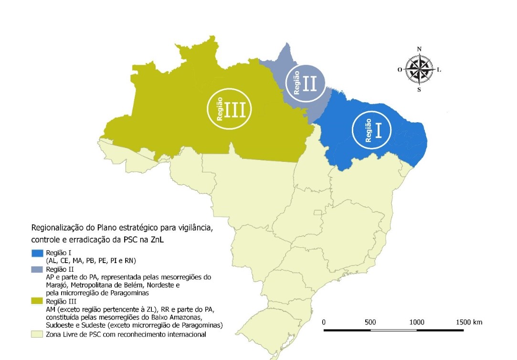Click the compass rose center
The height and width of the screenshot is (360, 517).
click(419, 69)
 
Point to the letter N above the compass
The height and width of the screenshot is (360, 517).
click(419, 49)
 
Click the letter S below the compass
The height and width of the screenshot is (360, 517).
click(419, 89)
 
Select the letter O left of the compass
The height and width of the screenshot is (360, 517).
click(400, 69)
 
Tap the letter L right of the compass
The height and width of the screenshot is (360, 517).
click(439, 69)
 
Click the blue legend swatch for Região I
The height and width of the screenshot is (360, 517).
click(38, 252)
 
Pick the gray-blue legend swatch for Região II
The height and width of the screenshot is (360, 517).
click(38, 270)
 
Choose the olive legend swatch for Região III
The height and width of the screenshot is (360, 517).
click(38, 302)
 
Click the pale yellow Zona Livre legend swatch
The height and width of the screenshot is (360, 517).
click(38, 334)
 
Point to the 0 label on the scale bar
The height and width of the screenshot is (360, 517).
click(324, 322)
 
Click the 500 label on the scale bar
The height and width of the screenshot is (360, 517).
click(370, 322)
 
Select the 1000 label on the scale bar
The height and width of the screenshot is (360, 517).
click(417, 322)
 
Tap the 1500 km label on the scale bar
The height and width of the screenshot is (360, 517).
click(469, 322)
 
